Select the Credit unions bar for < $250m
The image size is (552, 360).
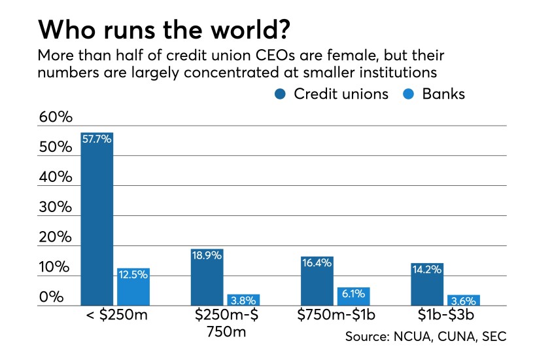[x=97, y=219]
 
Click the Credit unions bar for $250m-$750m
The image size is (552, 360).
[x=207, y=277]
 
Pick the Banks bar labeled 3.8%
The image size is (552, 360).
[x=243, y=300]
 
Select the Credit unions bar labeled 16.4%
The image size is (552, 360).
[x=317, y=281]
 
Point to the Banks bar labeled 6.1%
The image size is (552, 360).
[x=353, y=297]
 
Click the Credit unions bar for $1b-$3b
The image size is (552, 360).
[x=427, y=284]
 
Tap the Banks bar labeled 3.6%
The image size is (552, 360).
[x=463, y=300]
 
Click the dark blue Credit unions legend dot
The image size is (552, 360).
[x=281, y=94]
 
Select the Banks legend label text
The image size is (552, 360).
[x=443, y=94]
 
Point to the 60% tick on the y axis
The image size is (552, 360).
[x=56, y=118]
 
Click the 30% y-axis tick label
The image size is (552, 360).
[x=56, y=207]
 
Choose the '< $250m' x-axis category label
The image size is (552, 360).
[x=116, y=317]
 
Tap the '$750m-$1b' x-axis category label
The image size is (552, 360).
[x=335, y=317]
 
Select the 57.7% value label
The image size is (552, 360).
[x=97, y=139]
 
